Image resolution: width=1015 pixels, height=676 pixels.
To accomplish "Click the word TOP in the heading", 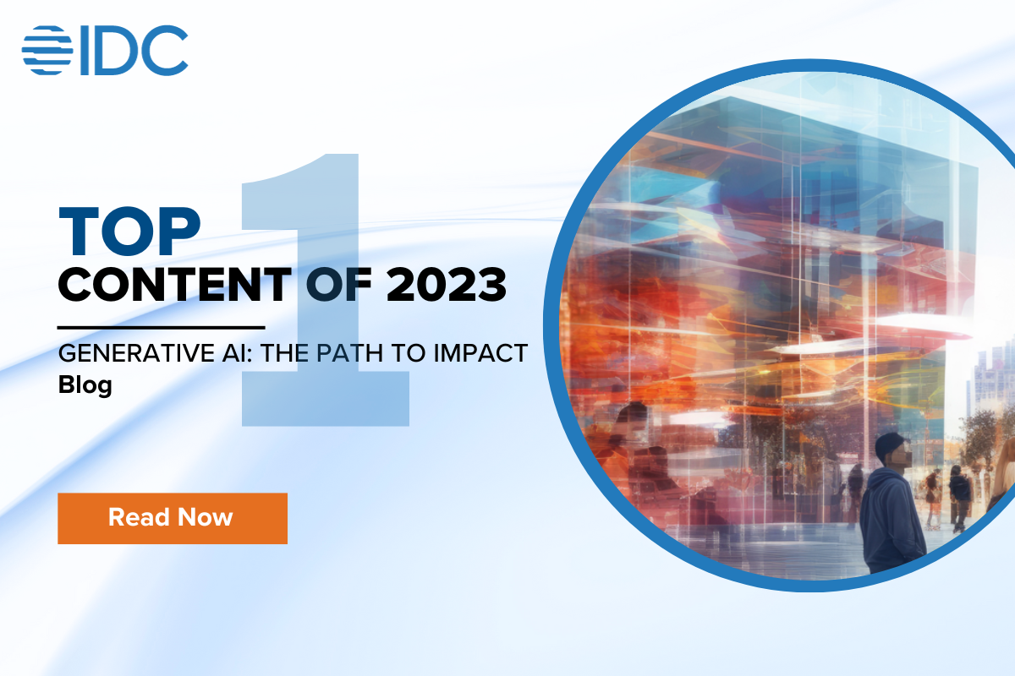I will (129, 231).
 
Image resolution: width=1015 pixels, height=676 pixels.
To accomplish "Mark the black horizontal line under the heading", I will (161, 326).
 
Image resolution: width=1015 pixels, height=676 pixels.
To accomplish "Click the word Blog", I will (85, 384).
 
